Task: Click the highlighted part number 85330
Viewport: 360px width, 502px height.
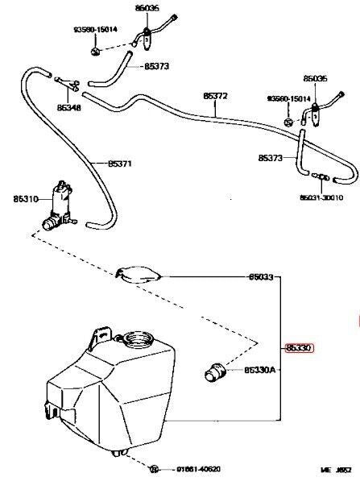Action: click(297, 348)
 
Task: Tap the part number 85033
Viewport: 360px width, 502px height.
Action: click(260, 277)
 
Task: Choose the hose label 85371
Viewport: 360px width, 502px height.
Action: click(119, 163)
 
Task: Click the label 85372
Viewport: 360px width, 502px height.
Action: click(215, 96)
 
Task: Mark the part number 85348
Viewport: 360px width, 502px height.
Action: click(68, 106)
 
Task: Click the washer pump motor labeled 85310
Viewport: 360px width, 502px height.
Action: click(60, 205)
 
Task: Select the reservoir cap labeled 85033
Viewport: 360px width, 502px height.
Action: click(139, 274)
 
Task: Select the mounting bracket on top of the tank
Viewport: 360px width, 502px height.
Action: click(101, 333)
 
